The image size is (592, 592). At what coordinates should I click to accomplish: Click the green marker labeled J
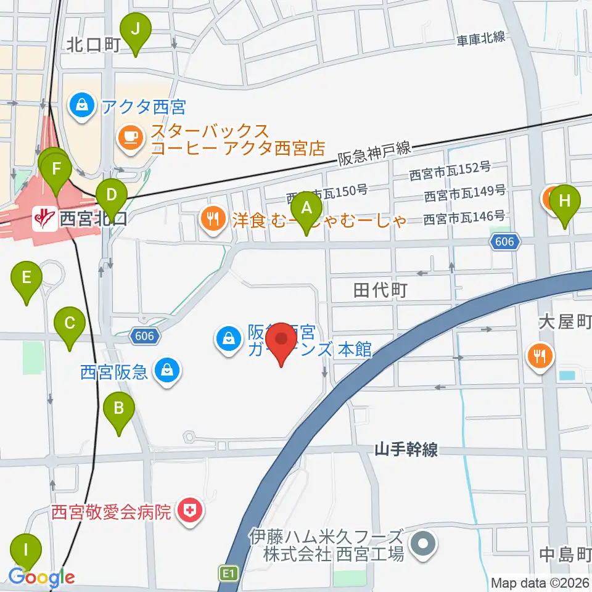136,30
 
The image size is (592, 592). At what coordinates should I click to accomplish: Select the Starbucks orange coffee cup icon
130,136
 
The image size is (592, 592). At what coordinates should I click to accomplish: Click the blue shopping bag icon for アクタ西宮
82,106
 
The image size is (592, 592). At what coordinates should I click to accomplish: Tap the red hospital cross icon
189,511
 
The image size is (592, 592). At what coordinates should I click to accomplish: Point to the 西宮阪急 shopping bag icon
166,371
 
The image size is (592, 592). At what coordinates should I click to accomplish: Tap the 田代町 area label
380,290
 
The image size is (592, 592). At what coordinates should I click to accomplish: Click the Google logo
41,578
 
